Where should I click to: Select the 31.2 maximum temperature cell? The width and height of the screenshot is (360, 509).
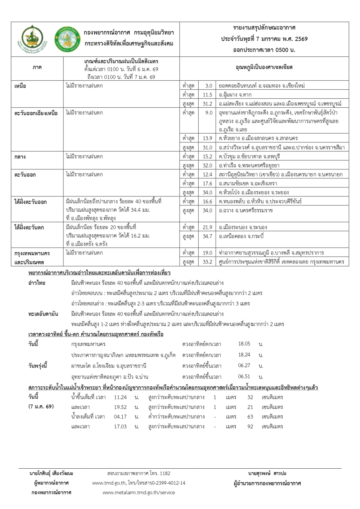click(x=207, y=104)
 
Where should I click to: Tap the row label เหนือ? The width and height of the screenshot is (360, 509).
click(x=20, y=86)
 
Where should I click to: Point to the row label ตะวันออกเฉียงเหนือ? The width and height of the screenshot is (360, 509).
click(x=36, y=113)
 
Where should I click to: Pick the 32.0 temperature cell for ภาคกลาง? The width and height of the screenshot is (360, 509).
click(x=207, y=166)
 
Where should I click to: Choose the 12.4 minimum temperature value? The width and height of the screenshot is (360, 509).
click(x=207, y=175)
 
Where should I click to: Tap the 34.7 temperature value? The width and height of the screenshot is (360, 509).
click(x=207, y=237)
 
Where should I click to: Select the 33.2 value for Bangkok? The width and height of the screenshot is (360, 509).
click(x=207, y=262)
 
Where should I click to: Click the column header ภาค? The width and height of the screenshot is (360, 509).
click(x=37, y=67)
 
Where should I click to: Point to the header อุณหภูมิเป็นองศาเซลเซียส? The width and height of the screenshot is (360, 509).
click(x=264, y=67)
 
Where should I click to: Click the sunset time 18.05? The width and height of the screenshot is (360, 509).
click(x=244, y=344)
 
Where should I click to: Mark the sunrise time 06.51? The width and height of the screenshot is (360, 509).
click(x=244, y=377)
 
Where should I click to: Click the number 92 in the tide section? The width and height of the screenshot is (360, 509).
click(x=250, y=427)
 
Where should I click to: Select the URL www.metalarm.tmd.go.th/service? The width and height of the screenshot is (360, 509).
click(x=139, y=492)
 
